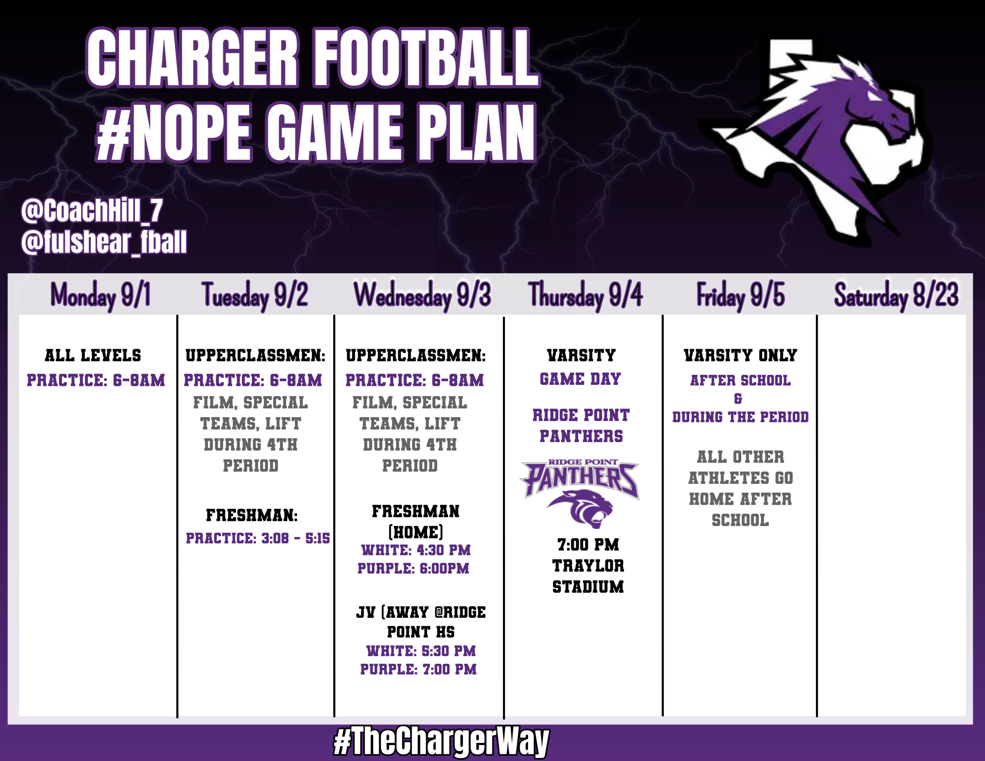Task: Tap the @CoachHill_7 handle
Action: pyautogui.click(x=92, y=211)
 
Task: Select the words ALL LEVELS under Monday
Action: pyautogui.click(x=93, y=356)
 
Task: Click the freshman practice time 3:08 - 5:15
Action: pyautogui.click(x=257, y=538)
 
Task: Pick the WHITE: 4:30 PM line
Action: pyautogui.click(x=416, y=550)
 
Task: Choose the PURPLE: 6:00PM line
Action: pyautogui.click(x=413, y=568)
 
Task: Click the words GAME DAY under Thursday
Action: pyautogui.click(x=580, y=379)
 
